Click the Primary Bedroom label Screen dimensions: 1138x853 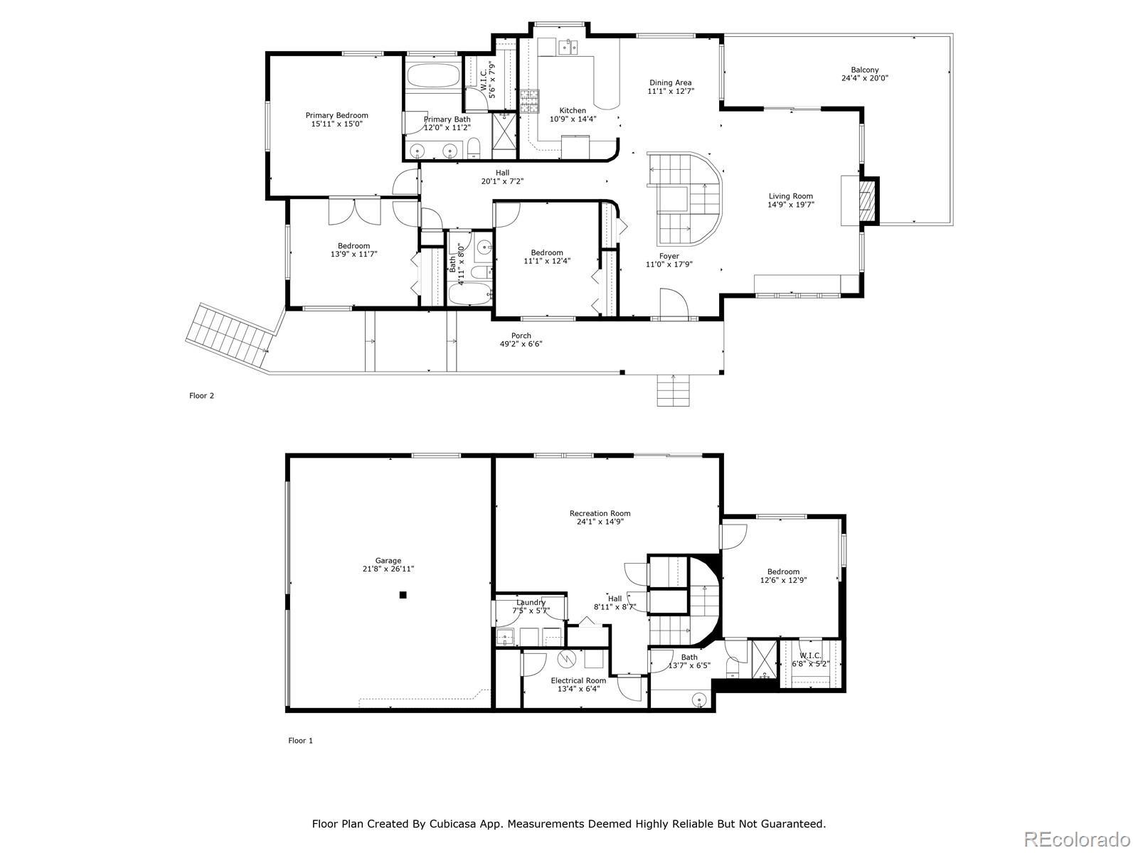(x=336, y=115)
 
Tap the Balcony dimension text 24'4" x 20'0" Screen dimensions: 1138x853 (x=864, y=78)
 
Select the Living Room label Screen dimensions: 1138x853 (x=791, y=196)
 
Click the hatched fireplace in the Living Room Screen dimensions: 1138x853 (x=866, y=201)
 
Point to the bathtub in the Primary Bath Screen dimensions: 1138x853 (x=433, y=75)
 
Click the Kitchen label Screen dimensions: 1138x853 (x=573, y=110)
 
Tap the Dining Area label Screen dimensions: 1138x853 (x=671, y=83)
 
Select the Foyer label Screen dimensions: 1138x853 (x=669, y=256)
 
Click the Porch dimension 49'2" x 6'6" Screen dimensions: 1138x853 (x=521, y=344)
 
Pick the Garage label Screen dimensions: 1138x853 (x=388, y=560)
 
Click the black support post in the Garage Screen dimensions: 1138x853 (x=403, y=595)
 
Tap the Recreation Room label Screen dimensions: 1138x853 (x=600, y=513)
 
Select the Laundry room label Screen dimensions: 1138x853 (x=531, y=602)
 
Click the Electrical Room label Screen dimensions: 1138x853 (x=578, y=680)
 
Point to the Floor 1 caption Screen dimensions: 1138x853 (x=301, y=741)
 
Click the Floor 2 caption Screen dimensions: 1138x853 (x=202, y=396)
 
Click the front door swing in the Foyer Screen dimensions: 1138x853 (x=674, y=302)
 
